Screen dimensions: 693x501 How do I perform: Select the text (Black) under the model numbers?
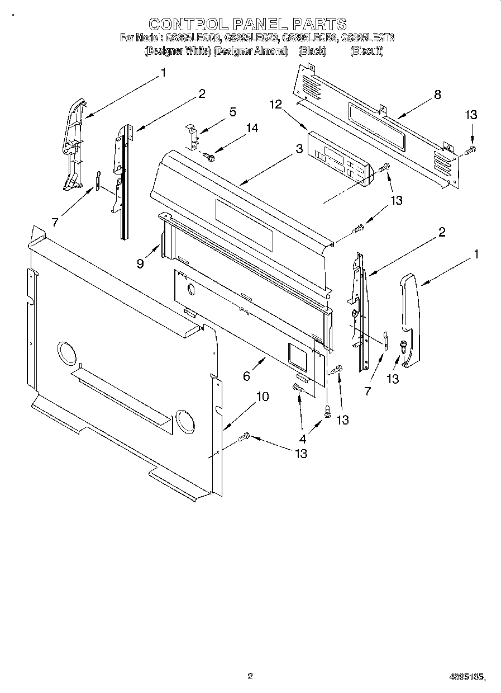(x=312, y=51)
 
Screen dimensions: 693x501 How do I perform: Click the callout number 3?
(x=299, y=149)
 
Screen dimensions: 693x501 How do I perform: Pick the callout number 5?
(x=232, y=112)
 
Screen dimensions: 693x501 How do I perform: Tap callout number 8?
(x=437, y=95)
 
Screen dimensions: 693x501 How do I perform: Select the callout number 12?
(x=275, y=105)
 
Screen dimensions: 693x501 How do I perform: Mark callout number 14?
(x=252, y=128)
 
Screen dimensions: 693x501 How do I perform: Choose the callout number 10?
(x=262, y=397)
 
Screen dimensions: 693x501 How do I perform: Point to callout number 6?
(x=246, y=376)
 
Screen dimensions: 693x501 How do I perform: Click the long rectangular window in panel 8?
(x=376, y=126)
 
